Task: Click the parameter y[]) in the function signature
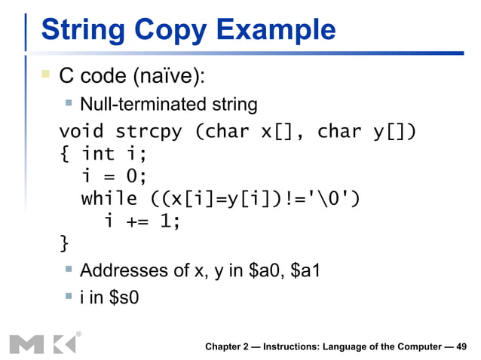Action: tap(388, 132)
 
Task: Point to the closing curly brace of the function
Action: tap(64, 243)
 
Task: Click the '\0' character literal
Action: tap(328, 199)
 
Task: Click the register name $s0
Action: tap(124, 297)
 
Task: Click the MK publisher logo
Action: tap(43, 343)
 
